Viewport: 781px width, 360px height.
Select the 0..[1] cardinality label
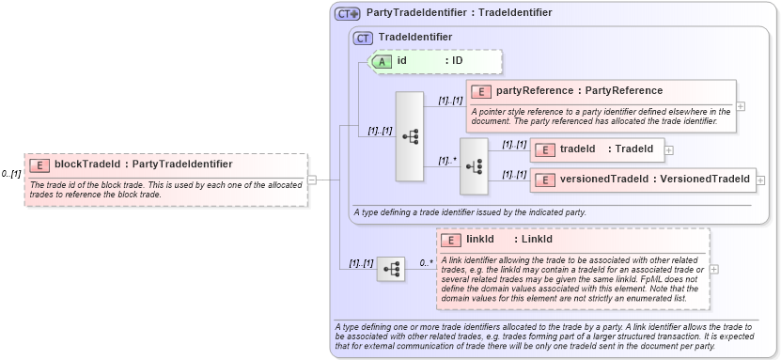(11, 174)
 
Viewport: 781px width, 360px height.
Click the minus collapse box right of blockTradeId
(312, 180)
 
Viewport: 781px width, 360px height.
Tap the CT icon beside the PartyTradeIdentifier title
(348, 13)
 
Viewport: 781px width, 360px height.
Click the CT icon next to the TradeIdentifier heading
(363, 37)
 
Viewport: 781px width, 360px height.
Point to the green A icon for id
(383, 61)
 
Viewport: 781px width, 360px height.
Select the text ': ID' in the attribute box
(454, 61)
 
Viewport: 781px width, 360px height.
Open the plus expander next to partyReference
(741, 105)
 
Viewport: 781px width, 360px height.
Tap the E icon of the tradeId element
(545, 149)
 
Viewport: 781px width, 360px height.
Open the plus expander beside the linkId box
(715, 269)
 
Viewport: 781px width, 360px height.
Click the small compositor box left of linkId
(390, 269)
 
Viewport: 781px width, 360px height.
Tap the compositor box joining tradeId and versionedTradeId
(474, 165)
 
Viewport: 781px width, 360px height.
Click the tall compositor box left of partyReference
(410, 136)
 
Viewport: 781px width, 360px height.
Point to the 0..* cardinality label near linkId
(426, 263)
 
